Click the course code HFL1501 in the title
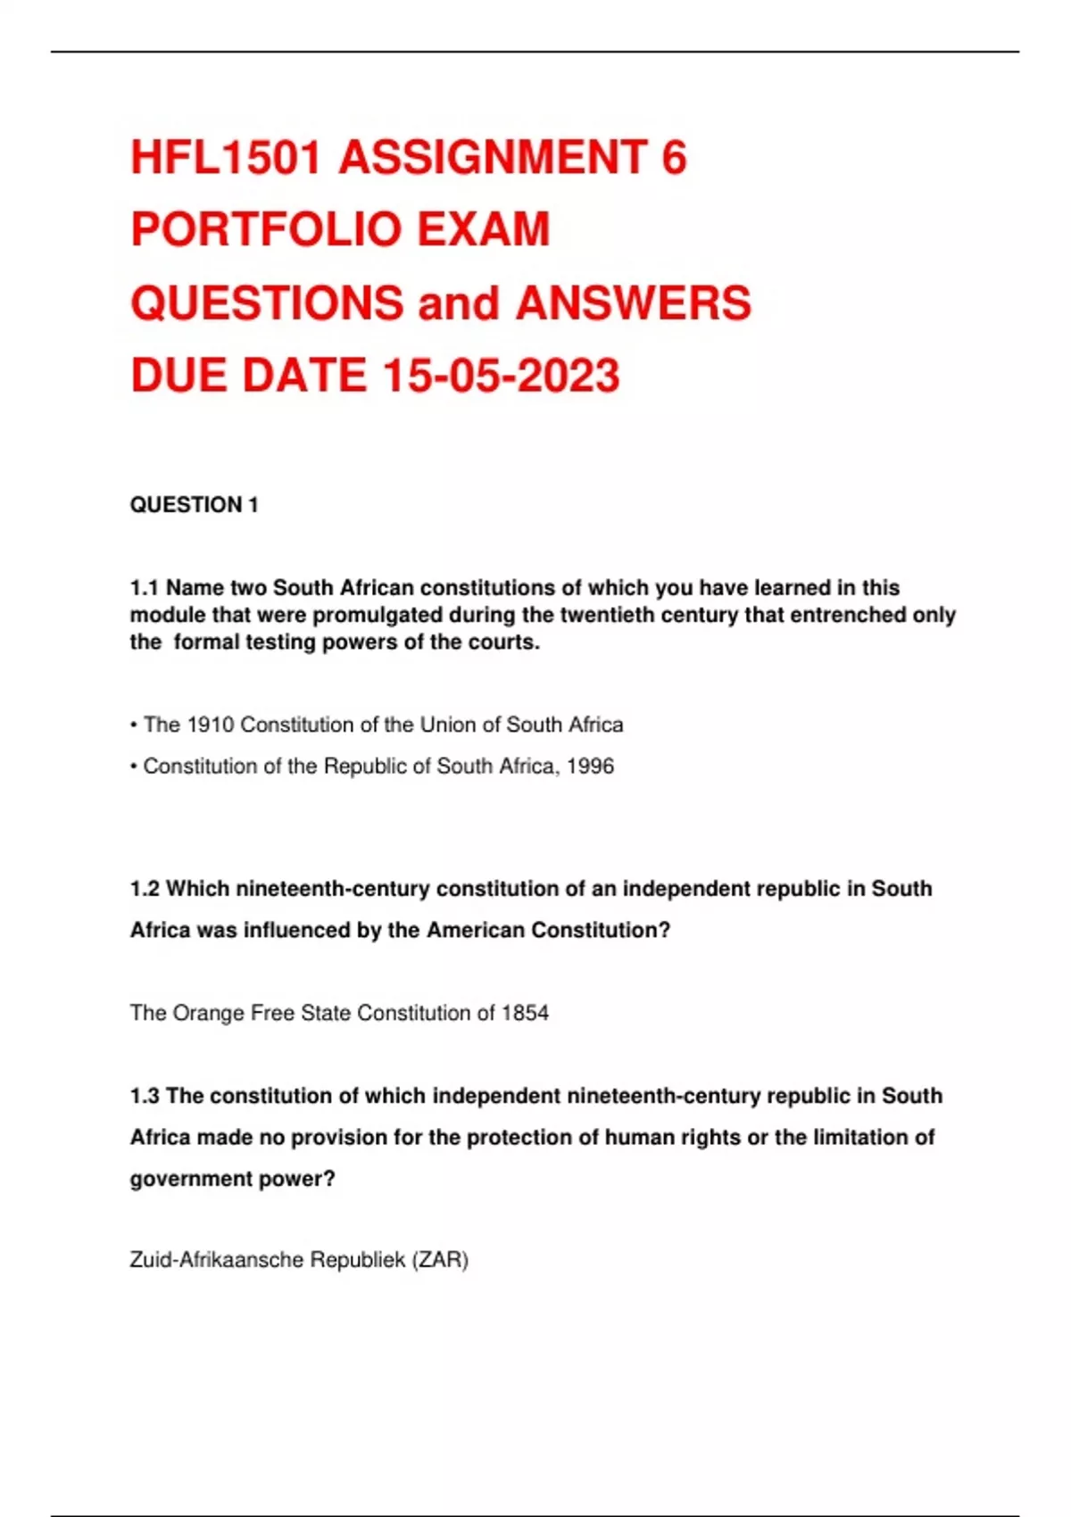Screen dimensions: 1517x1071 click(x=226, y=158)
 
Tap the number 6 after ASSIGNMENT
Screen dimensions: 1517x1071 click(x=674, y=158)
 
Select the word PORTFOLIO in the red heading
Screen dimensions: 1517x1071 click(x=265, y=230)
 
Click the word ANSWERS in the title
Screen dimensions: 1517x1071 click(x=634, y=303)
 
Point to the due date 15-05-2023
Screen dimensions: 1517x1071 click(x=501, y=376)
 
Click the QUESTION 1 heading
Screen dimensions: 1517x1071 click(x=194, y=505)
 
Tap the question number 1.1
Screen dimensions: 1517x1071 click(x=144, y=588)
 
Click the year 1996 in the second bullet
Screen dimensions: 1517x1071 click(x=590, y=767)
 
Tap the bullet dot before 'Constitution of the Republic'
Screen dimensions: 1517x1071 click(x=134, y=767)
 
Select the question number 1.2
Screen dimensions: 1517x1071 click(x=144, y=889)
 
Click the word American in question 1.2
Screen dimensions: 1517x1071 click(x=475, y=930)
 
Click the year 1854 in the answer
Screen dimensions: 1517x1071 click(x=525, y=1013)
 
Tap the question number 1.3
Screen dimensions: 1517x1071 click(x=144, y=1096)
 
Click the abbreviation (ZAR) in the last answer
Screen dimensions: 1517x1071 click(x=439, y=1260)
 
